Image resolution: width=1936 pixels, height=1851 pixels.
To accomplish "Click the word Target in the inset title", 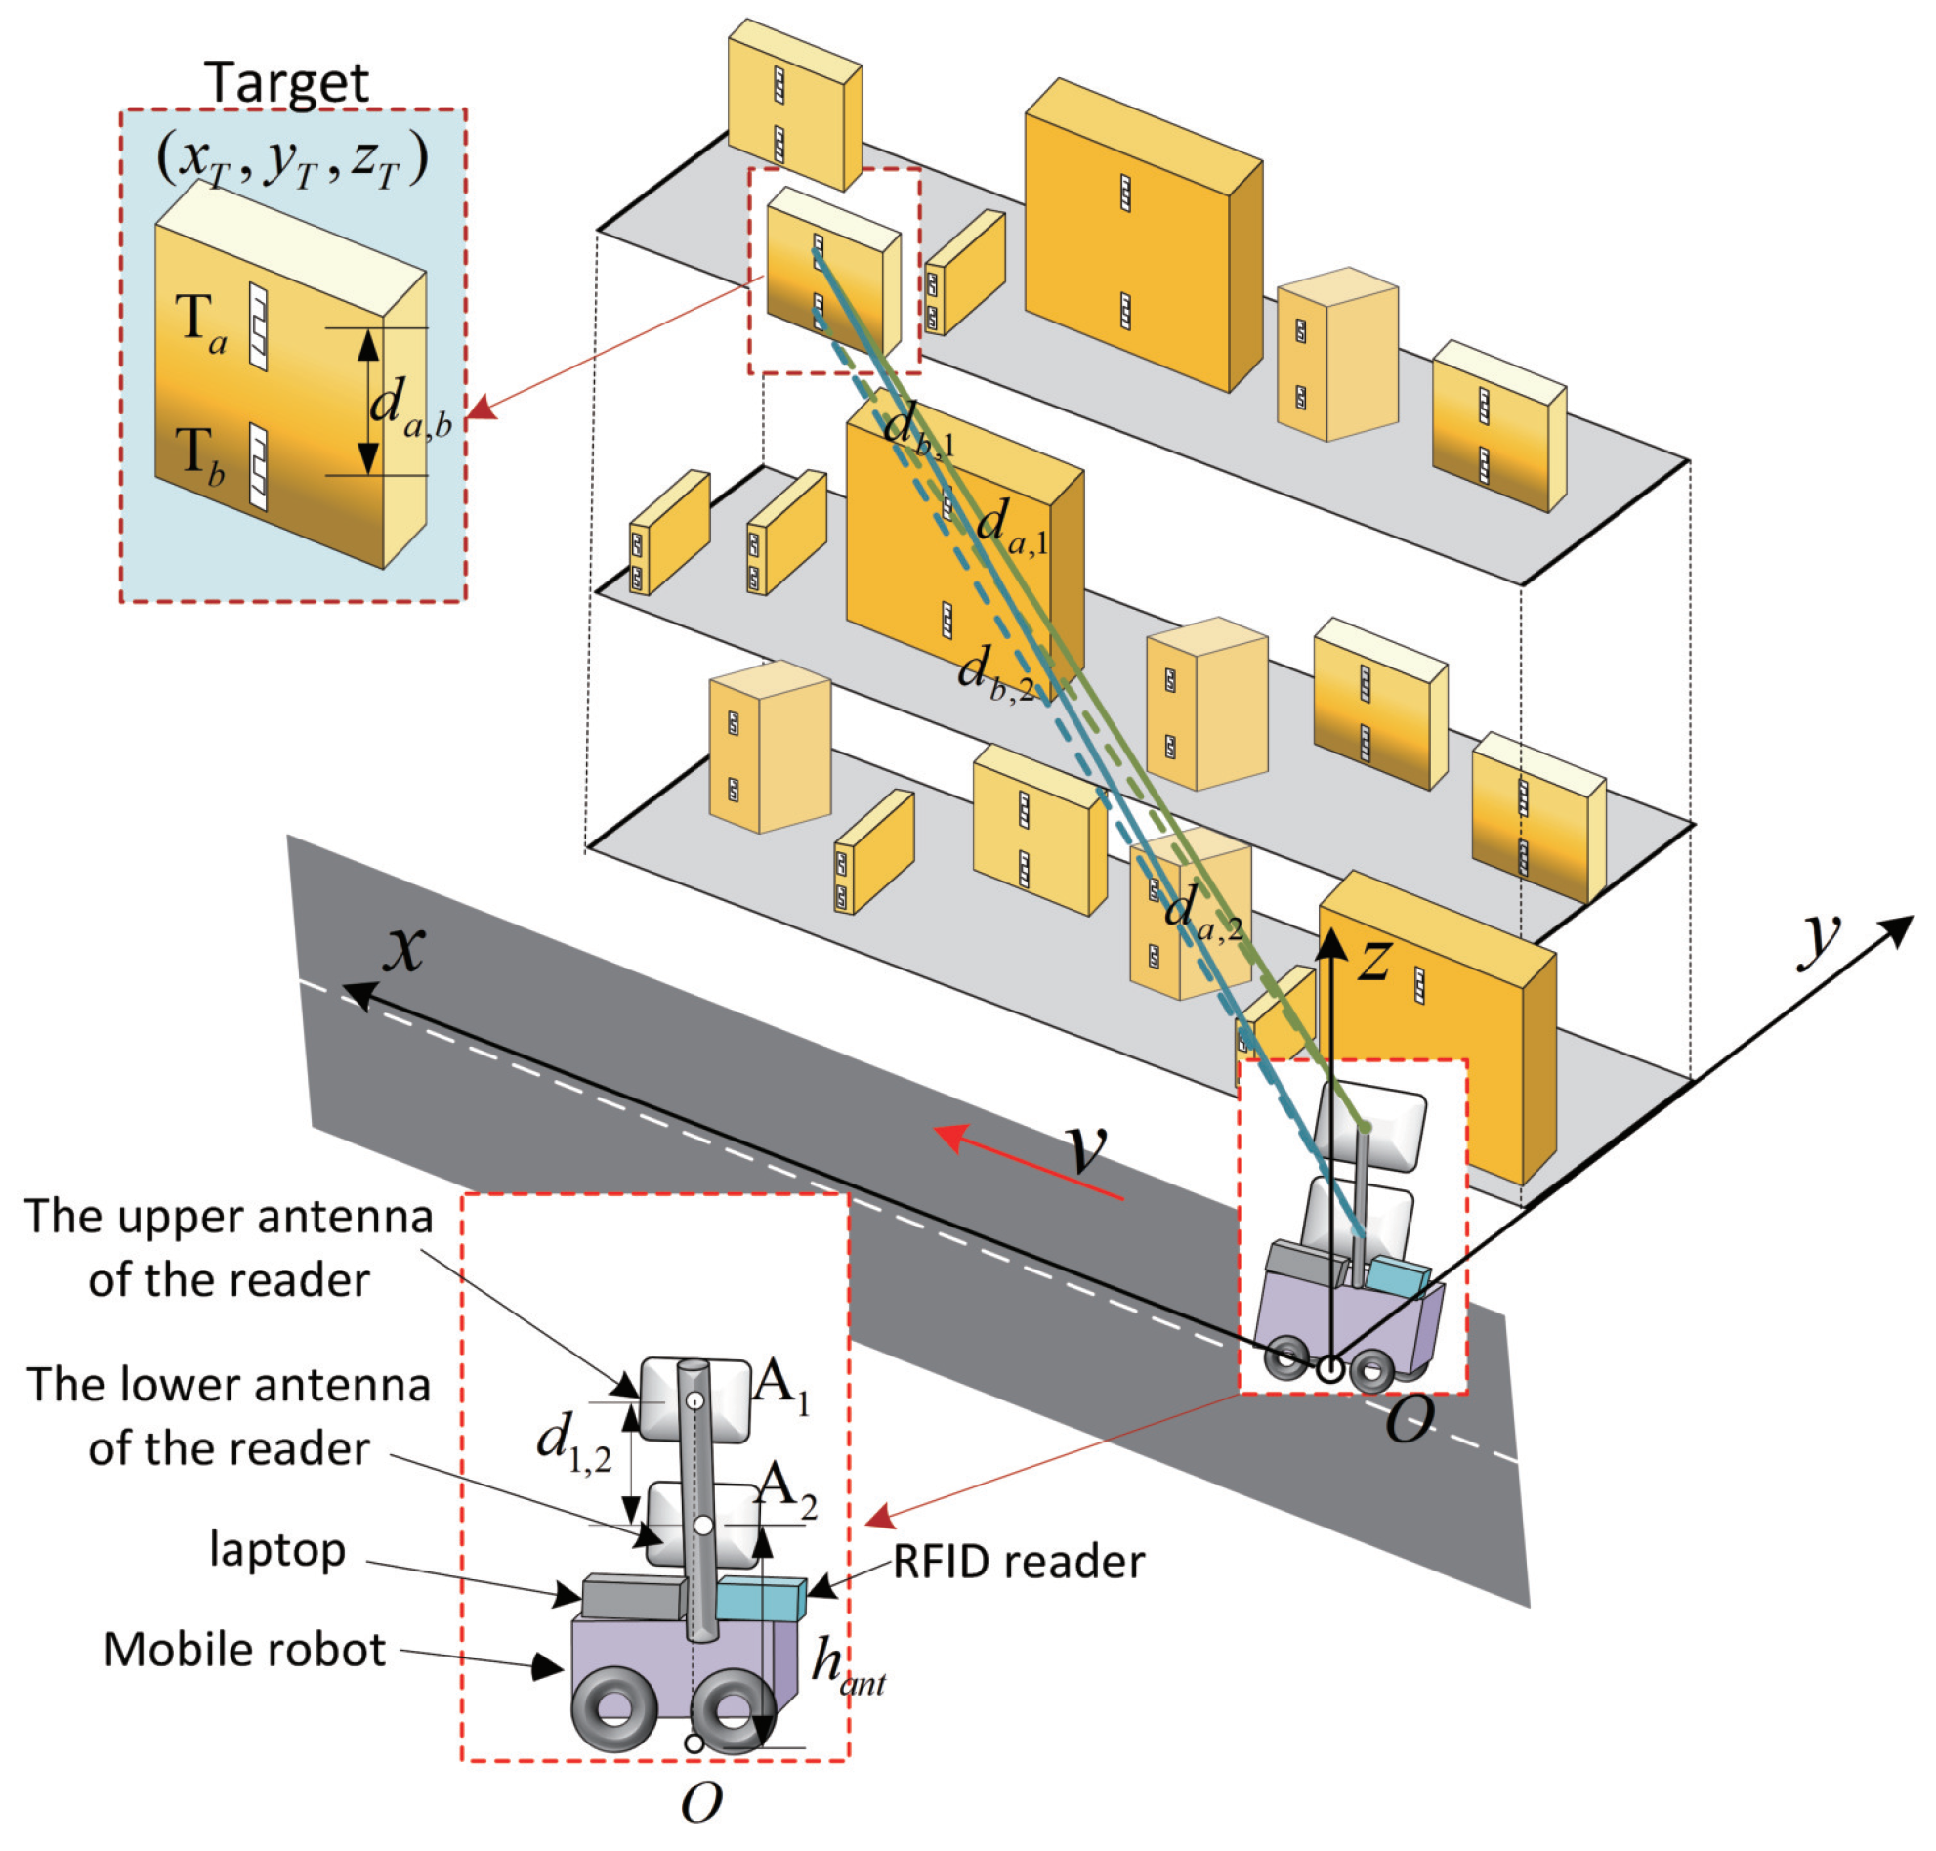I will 286,83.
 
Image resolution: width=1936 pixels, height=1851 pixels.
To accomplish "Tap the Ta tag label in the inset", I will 201,323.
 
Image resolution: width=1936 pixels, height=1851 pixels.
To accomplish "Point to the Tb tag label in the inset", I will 200,455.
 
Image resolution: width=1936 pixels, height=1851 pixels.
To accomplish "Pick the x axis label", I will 404,949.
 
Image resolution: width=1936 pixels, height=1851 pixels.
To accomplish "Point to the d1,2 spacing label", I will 573,1442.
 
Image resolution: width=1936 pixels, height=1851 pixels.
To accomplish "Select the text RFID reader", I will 1018,1563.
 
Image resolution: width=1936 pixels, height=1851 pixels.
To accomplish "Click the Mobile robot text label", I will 244,1651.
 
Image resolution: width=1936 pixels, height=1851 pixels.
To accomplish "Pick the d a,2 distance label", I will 1201,911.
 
